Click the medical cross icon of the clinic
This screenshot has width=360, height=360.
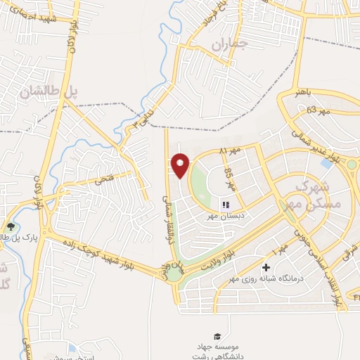click(x=266, y=267)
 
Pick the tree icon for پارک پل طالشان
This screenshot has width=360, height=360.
click(x=10, y=226)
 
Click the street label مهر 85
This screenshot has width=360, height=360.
click(x=229, y=173)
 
